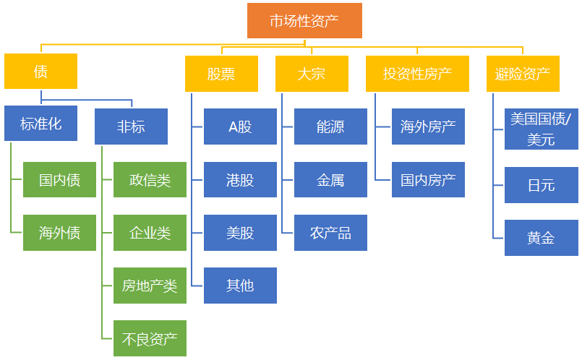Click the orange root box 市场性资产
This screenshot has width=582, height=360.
click(x=304, y=21)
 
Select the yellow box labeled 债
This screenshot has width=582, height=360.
click(x=40, y=71)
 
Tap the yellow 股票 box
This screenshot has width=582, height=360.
click(x=221, y=74)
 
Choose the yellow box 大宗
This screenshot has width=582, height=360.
click(x=312, y=74)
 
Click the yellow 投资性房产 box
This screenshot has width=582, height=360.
click(x=418, y=74)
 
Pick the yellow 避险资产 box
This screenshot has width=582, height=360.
click(x=523, y=74)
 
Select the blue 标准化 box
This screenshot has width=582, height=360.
click(x=40, y=124)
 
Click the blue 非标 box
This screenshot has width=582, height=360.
click(x=131, y=127)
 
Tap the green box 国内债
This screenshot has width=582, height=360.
click(x=59, y=180)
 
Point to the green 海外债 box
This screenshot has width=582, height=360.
click(x=59, y=233)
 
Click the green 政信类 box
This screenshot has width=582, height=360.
click(x=150, y=180)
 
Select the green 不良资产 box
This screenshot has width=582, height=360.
click(x=150, y=338)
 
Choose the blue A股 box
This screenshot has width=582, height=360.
click(x=240, y=127)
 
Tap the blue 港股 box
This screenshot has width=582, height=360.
click(x=240, y=180)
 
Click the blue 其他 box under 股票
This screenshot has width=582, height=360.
click(x=240, y=286)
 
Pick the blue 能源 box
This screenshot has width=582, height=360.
click(x=330, y=127)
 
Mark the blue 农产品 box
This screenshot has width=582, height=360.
click(x=330, y=233)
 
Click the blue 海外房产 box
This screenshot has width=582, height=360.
click(x=428, y=127)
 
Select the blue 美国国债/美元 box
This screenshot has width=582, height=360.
click(x=541, y=129)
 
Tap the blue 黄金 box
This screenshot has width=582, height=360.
click(x=541, y=238)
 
